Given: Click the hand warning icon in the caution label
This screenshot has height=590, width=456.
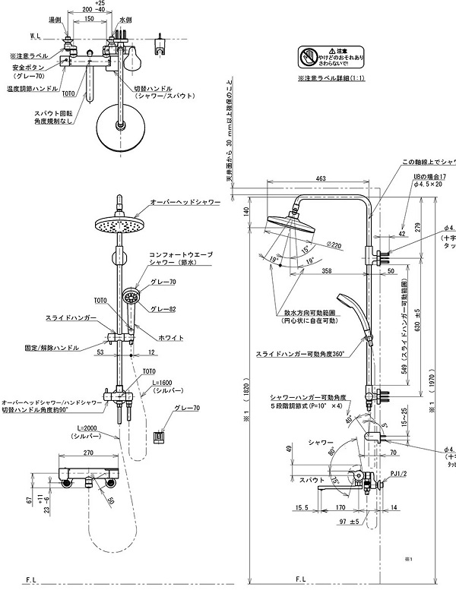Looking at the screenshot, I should tap(307, 56).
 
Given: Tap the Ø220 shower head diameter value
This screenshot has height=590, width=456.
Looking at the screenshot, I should tap(332, 245).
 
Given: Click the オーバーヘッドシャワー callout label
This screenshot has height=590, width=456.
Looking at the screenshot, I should tap(185, 202).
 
